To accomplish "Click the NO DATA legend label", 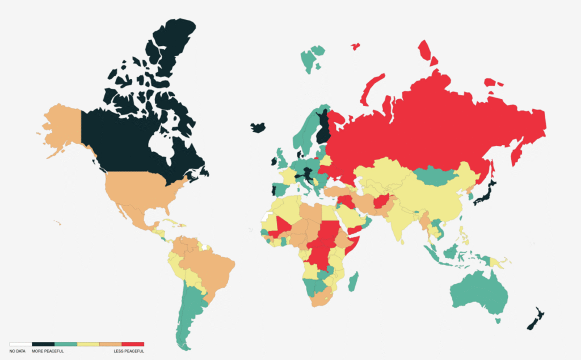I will pos(17,351).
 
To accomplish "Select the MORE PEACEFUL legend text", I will pos(48,351).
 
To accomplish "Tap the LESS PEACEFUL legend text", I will pos(129,351).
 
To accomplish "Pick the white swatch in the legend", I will pos(20,344).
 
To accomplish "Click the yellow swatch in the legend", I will pos(88,344).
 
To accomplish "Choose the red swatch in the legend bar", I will pos(133,344).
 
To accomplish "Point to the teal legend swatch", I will pos(66,344).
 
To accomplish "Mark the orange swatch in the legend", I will pos(111,344).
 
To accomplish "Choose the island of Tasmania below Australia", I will pos(498,321).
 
